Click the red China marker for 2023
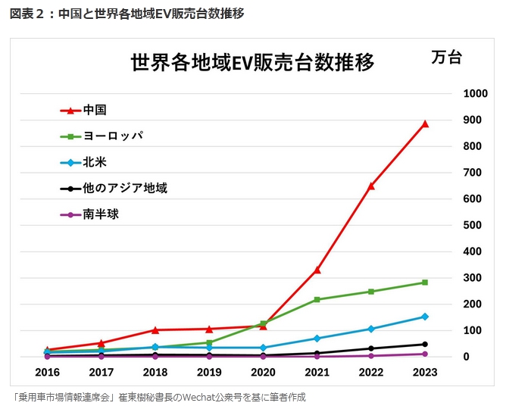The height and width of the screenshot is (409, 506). tap(425, 123)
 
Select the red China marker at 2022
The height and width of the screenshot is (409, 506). tap(371, 186)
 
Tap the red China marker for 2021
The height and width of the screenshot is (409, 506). tap(317, 270)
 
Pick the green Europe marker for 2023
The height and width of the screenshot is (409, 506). tap(425, 283)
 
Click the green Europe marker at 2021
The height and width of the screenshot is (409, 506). tap(317, 300)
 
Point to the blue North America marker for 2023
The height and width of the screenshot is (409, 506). tap(425, 317)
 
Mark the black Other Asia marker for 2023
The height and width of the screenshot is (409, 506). tap(425, 345)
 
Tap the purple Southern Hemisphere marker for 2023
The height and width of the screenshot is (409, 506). tap(425, 354)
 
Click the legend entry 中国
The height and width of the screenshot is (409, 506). tap(95, 110)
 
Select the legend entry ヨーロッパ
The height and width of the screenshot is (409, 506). tap(113, 136)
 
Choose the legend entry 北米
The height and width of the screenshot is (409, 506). tap(95, 162)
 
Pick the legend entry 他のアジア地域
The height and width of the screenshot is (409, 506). tap(125, 188)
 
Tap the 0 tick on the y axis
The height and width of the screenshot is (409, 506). tap(467, 357)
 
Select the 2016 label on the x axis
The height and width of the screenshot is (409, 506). tap(47, 373)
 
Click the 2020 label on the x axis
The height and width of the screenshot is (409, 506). tap(263, 373)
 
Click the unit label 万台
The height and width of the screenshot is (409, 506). tap(446, 58)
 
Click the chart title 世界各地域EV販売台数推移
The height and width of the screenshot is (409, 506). tap(252, 61)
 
